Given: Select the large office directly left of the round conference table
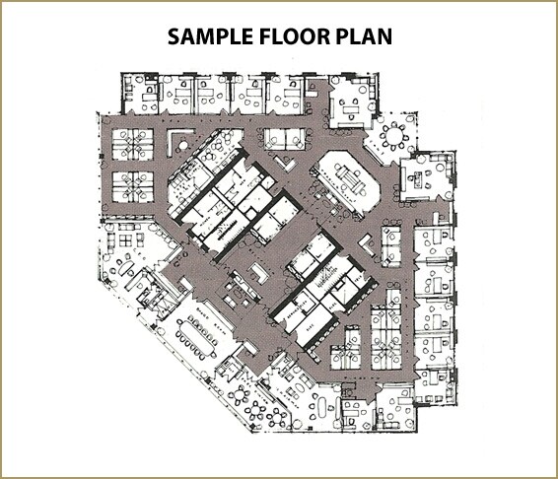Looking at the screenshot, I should click(x=351, y=106).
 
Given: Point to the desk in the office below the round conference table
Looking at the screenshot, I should click(x=426, y=178).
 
